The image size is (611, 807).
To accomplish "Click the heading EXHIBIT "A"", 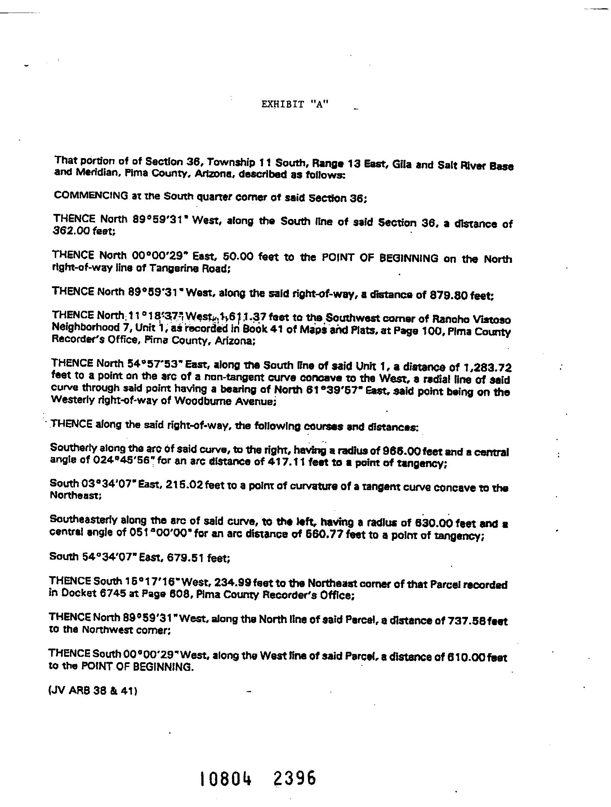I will click(295, 104).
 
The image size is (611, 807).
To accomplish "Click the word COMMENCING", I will click(90, 195).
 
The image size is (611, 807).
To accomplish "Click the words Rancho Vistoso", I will click(471, 319).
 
